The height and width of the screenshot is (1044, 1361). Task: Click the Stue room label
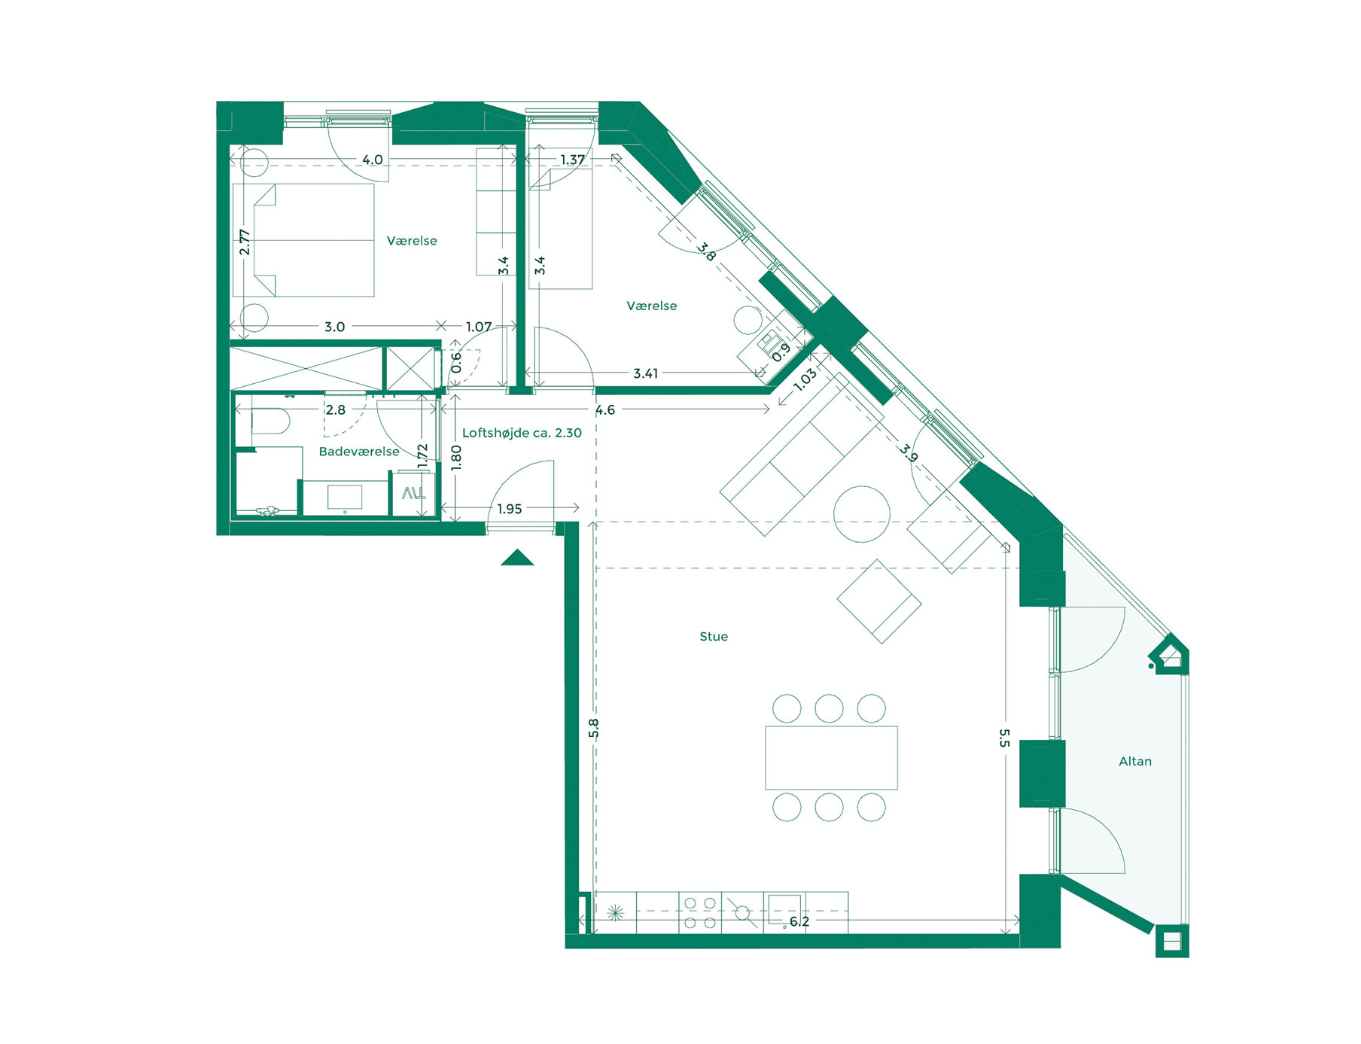click(714, 637)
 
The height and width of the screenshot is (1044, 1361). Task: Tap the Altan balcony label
click(1134, 762)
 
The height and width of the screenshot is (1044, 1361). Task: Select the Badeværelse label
click(359, 452)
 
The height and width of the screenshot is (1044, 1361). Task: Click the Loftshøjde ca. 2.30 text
click(522, 433)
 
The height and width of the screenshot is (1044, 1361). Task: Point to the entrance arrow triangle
click(517, 559)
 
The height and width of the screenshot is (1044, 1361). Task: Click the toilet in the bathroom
click(269, 422)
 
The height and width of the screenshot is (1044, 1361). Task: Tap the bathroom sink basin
click(345, 498)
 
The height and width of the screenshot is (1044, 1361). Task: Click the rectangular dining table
click(831, 757)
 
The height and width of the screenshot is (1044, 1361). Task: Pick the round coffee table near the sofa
click(862, 514)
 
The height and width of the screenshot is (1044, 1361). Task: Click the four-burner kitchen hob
click(700, 913)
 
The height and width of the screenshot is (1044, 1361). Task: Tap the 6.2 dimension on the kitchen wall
click(799, 921)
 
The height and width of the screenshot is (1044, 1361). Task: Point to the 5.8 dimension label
click(594, 728)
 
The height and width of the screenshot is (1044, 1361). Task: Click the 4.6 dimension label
click(605, 410)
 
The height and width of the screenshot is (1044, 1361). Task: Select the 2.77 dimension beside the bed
click(245, 242)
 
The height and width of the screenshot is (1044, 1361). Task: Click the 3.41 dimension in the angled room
click(646, 373)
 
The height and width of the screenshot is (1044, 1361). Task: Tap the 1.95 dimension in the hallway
click(510, 510)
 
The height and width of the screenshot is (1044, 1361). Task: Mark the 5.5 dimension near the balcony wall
click(1004, 738)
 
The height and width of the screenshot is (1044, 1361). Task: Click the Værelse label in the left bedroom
click(412, 241)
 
